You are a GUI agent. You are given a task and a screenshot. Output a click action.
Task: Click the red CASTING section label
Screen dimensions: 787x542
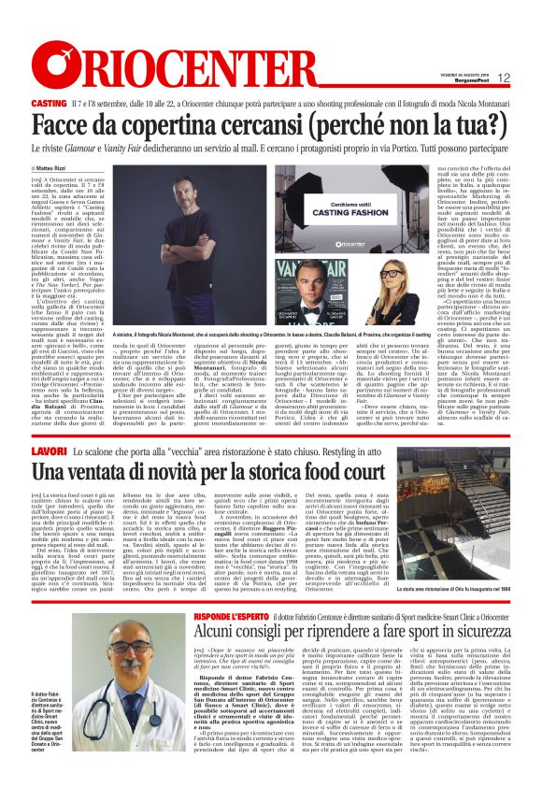(48, 101)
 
